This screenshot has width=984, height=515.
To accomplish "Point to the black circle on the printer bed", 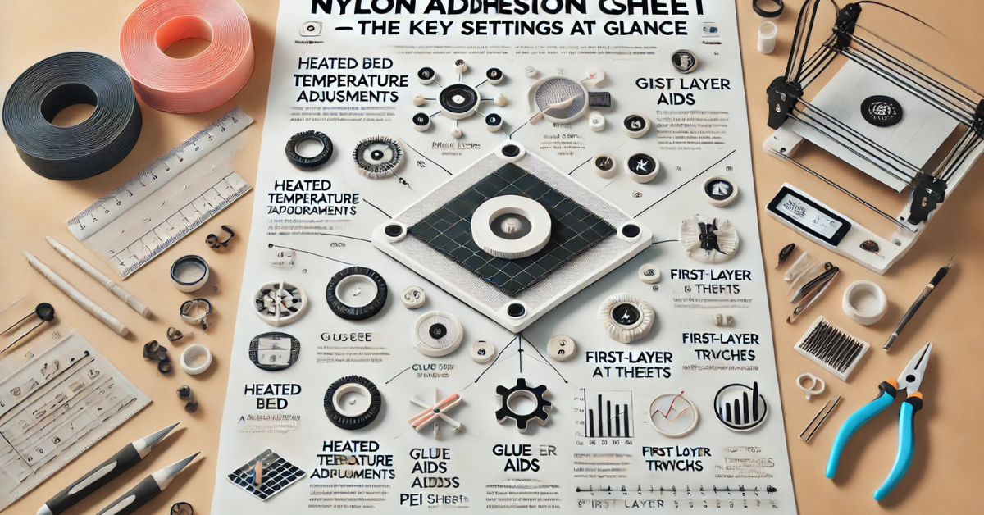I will point(881,110).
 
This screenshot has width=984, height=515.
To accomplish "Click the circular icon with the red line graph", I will point(672,413).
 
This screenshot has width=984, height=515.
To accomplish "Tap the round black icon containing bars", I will point(740,407).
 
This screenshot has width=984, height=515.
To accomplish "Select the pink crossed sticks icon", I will point(435,409).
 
